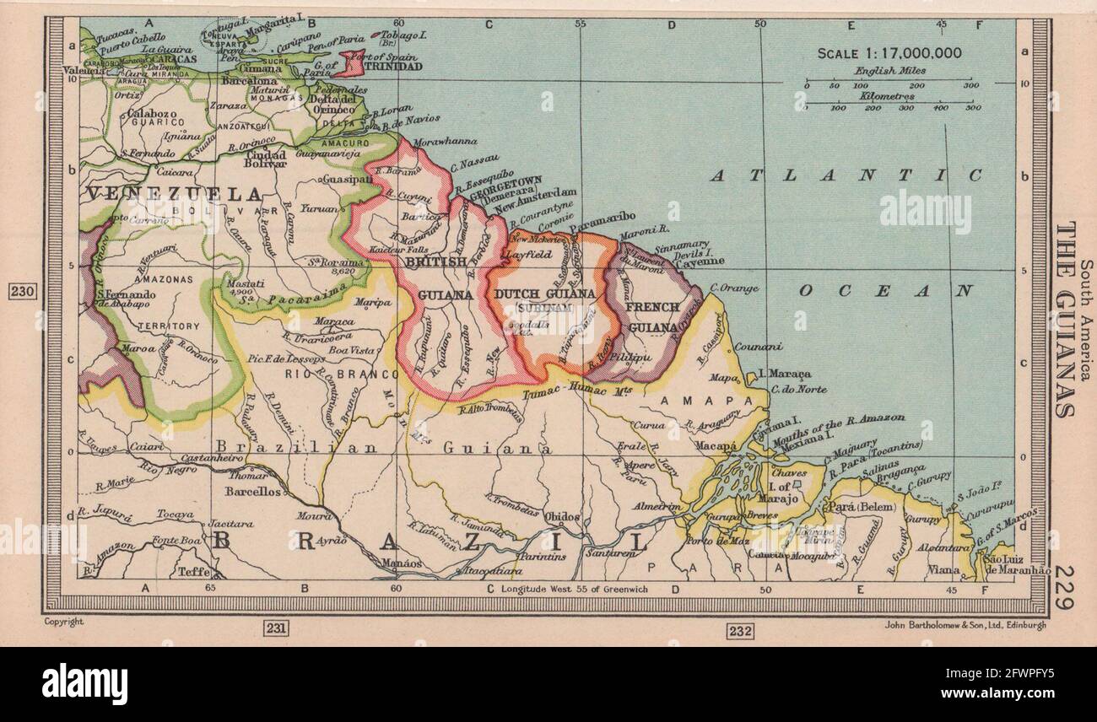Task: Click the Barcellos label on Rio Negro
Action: tap(253, 492)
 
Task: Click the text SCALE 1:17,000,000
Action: tap(889, 52)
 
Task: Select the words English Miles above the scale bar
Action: tap(889, 72)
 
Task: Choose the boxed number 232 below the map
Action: tap(740, 630)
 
